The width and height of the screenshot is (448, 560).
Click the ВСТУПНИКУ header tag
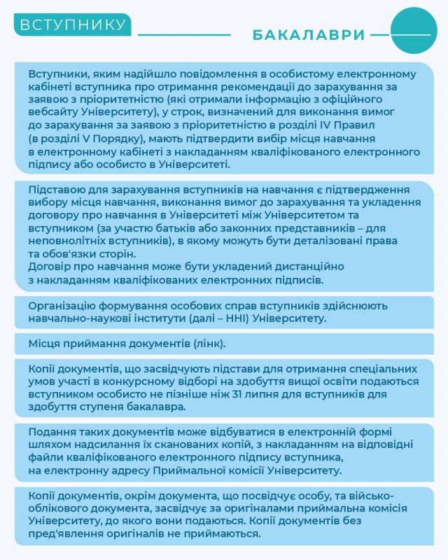pos(72,25)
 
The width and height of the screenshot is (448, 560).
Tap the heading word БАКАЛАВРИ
pos(308,34)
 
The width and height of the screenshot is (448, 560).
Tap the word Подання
pos(51,431)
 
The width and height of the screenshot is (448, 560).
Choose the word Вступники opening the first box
pos(57,74)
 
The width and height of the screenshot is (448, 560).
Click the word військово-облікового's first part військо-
pos(398,496)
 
